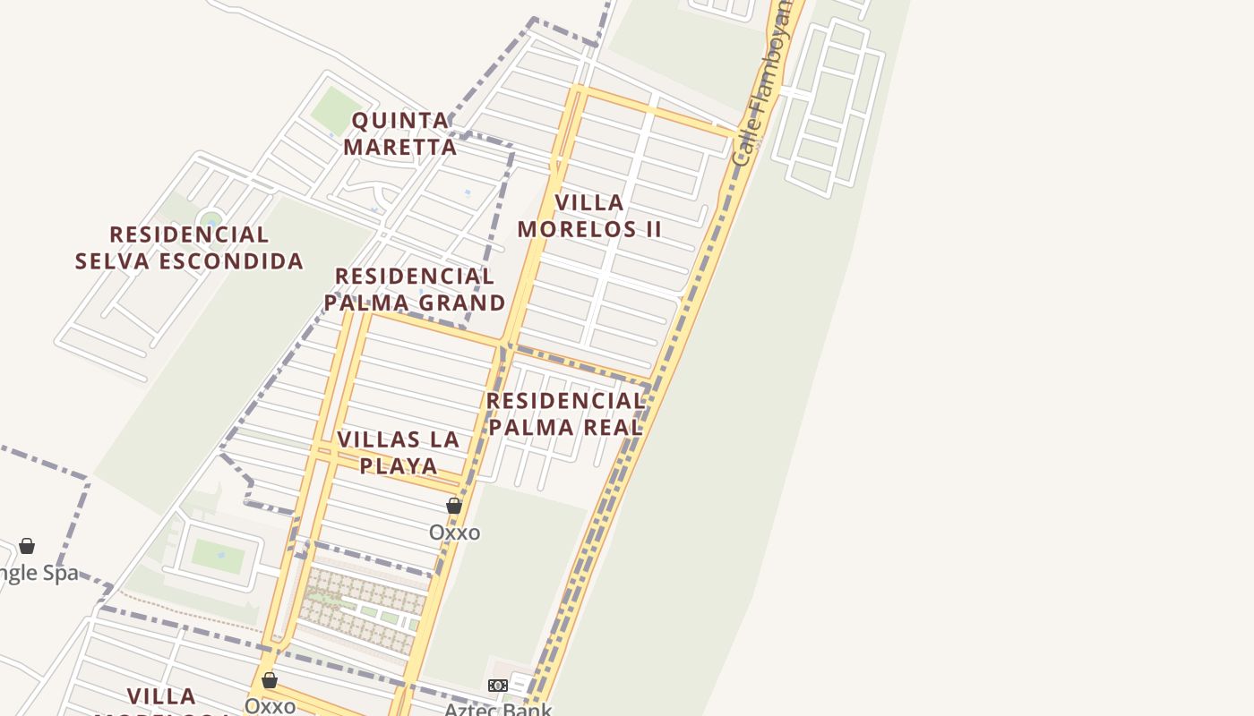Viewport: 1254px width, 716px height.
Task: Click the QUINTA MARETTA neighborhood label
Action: tap(399, 133)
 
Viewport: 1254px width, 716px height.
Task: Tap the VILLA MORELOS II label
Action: tap(589, 216)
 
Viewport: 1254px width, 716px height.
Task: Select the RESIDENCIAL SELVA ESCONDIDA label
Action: tap(189, 248)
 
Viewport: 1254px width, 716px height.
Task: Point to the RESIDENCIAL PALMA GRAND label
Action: tap(414, 289)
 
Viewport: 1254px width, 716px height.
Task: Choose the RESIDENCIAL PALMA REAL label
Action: tap(566, 413)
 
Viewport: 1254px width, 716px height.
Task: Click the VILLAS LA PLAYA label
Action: tap(399, 452)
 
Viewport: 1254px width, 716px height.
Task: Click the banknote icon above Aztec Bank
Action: tap(497, 686)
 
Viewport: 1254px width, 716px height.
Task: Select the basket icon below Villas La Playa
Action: tap(454, 506)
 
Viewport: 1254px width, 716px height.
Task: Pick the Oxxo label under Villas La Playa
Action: tap(454, 533)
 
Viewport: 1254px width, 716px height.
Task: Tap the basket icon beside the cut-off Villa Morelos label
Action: tap(270, 680)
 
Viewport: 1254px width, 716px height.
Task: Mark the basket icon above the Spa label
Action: tap(27, 546)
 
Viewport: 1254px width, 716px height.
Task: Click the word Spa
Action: tap(59, 573)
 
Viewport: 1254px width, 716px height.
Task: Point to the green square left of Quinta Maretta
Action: tap(336, 110)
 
